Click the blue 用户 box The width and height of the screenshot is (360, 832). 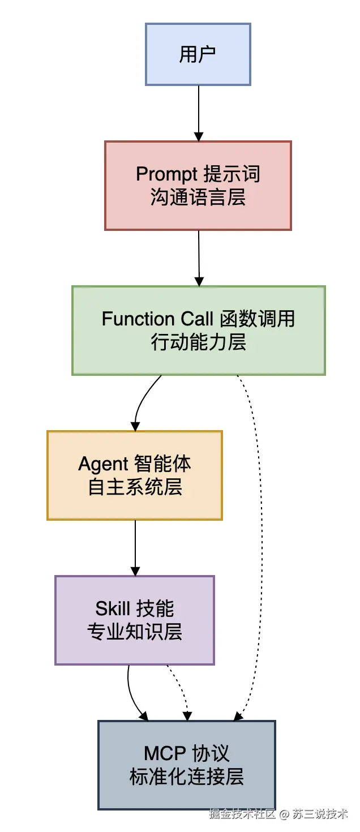pos(198,54)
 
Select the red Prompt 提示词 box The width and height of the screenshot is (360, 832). pos(198,186)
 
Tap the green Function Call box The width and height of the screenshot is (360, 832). pos(198,331)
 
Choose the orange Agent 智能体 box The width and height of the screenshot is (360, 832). pos(134,475)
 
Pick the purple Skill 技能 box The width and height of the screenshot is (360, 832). pos(134,620)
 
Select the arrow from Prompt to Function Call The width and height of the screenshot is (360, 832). pos(199,258)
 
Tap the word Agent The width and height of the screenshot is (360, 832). pos(103,464)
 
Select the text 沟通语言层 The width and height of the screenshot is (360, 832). pos(198,198)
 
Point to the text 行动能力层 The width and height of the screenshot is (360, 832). pos(198,342)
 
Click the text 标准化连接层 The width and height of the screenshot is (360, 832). pos(186,777)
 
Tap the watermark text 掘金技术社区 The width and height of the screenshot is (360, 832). pos(242,814)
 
